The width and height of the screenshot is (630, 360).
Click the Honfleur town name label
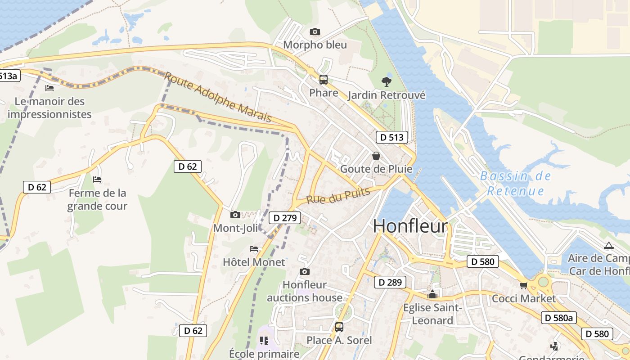coord(410,226)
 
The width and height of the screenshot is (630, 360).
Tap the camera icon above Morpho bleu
coord(315,31)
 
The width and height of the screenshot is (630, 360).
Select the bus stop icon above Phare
coord(323,80)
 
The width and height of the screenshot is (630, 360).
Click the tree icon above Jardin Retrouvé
coord(386,81)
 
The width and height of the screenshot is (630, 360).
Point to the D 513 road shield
coord(391,137)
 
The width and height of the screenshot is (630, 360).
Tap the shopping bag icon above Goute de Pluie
coord(376,156)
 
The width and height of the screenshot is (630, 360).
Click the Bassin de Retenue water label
coord(515,183)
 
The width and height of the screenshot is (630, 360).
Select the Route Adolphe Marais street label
coord(218,97)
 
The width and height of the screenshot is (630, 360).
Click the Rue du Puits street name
coord(338,196)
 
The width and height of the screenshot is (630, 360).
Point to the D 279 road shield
coord(285,218)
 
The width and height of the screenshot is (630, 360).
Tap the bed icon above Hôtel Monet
coord(254,248)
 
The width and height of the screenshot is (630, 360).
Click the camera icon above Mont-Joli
coord(235,215)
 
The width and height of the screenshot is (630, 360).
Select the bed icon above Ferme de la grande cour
coord(97,180)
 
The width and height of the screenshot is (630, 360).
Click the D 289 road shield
coord(390,283)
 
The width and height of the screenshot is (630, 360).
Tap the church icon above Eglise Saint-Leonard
coord(432,295)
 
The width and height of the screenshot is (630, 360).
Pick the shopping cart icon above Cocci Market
coord(523,285)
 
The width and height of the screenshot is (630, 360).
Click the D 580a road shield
coord(558,318)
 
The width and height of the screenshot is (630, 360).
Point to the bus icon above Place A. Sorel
coord(339,327)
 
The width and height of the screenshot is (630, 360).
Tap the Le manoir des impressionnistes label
coord(49,108)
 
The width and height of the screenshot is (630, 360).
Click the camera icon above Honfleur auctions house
coord(305,271)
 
